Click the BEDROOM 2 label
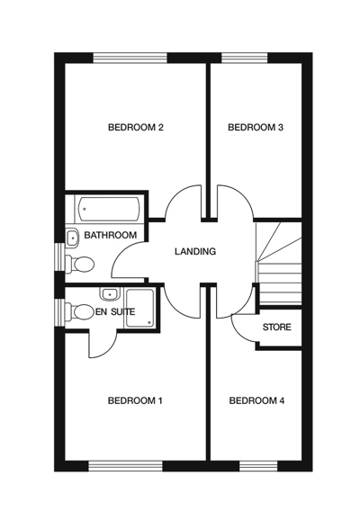click(x=135, y=128)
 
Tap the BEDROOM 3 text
click(x=256, y=128)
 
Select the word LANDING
click(x=195, y=251)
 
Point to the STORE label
click(x=276, y=327)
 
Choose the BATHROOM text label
click(x=111, y=235)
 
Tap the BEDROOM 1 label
click(x=135, y=400)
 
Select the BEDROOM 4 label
click(x=256, y=400)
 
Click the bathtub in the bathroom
click(x=107, y=209)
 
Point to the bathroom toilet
click(x=82, y=264)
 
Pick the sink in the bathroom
click(x=72, y=238)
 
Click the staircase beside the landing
click(x=279, y=261)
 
